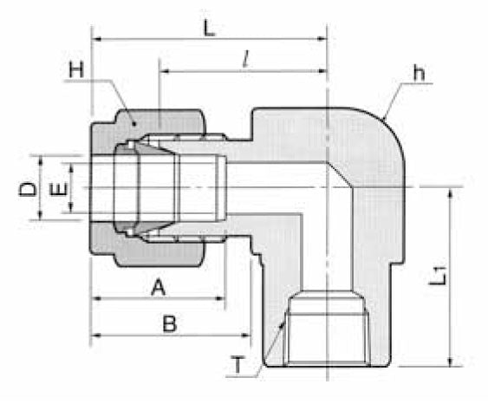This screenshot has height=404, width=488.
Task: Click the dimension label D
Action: point(27,188)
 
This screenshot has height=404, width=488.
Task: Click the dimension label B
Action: point(170,323)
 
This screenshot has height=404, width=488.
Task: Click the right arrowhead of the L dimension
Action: point(322,39)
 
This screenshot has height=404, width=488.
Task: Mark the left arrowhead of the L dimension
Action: point(97,39)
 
